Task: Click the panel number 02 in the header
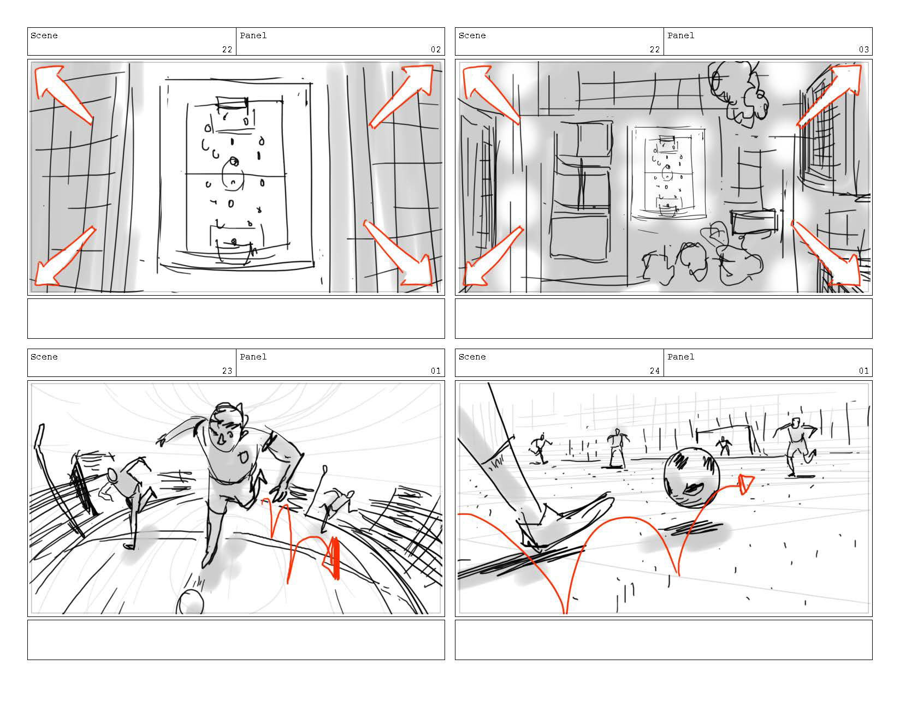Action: coord(435,50)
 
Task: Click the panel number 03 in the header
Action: coord(863,50)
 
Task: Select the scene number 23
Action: coord(227,371)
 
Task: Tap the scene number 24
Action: coord(654,371)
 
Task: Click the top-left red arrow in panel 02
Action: coord(62,93)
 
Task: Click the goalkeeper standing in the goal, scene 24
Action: coord(723,446)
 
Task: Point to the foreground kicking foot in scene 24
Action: coord(563,523)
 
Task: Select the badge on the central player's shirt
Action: coord(243,457)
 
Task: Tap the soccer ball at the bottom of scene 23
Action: coord(190,602)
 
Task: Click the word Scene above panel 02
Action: coord(44,35)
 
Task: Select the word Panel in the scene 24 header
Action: coord(680,357)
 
